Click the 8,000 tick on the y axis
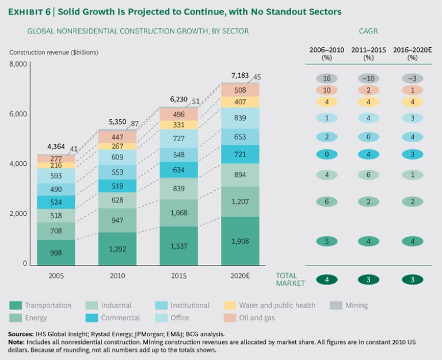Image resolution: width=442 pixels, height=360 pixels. (18, 64)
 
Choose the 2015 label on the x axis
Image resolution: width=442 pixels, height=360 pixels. (178, 276)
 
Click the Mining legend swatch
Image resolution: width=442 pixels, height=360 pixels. (337, 305)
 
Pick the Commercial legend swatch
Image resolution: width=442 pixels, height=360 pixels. (93, 317)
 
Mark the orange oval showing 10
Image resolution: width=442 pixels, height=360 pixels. (327, 90)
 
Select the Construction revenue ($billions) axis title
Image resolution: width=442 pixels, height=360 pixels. (54, 52)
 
